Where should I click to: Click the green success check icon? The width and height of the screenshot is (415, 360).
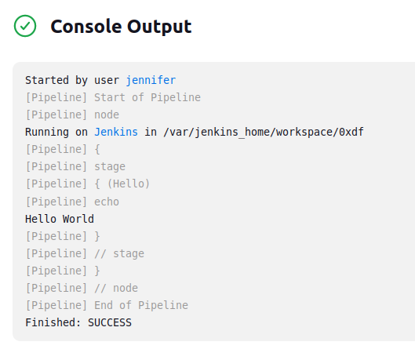[x=25, y=26]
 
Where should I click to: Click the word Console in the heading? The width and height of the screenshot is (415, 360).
[x=86, y=27]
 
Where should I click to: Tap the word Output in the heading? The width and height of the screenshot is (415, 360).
[x=159, y=27]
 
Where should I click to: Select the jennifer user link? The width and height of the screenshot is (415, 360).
[x=151, y=80]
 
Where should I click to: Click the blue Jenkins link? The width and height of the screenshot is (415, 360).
[x=116, y=132]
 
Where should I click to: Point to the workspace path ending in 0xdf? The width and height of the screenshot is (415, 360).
[x=264, y=132]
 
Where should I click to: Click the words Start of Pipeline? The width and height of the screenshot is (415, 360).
[x=147, y=97]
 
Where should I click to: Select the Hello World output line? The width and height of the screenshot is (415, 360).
[x=60, y=219]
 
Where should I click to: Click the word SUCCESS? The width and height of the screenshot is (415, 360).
[x=110, y=322]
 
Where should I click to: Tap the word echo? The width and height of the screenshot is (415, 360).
[x=107, y=202]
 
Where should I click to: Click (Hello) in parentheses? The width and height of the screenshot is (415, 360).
[x=129, y=184]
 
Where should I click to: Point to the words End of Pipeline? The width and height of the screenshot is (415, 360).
[x=141, y=305]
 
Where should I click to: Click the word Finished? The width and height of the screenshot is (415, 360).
[x=53, y=322]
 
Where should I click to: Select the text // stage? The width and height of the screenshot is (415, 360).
[x=119, y=253]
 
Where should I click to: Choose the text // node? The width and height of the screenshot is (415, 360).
[x=116, y=288]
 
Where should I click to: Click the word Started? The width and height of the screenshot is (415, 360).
[x=47, y=80]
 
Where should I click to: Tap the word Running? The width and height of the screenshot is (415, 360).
[x=47, y=132]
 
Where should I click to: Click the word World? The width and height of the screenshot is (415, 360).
[x=78, y=219]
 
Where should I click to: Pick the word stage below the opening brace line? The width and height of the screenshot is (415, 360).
[x=110, y=166]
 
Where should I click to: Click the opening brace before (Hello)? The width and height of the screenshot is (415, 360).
[x=97, y=184]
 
